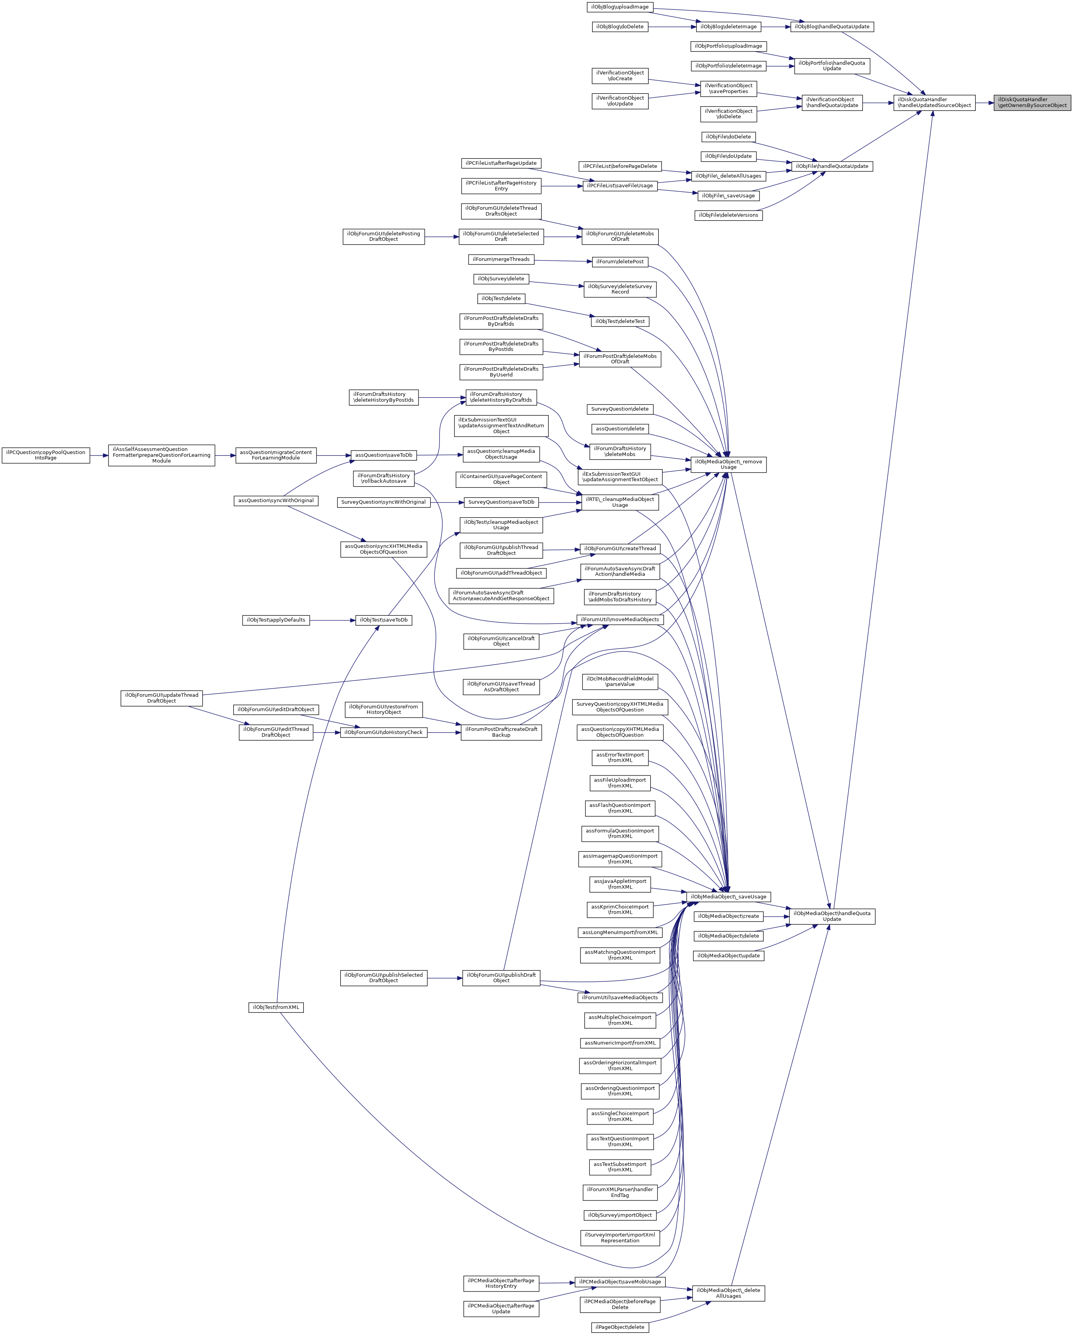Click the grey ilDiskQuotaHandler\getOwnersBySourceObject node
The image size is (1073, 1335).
[x=1032, y=102]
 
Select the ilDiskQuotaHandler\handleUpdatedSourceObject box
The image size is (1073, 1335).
[x=934, y=102]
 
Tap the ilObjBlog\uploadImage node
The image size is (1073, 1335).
[x=619, y=7]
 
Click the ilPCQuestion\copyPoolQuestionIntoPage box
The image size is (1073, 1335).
[x=46, y=455]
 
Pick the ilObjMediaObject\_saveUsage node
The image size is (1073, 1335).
[x=729, y=896]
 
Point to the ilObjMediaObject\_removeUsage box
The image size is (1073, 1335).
[x=729, y=465]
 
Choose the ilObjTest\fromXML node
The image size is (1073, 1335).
[x=276, y=1007]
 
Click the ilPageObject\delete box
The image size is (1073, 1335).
[x=619, y=1327]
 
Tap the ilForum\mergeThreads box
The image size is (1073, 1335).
[x=501, y=259]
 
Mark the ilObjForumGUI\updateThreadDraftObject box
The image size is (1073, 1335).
[x=162, y=698]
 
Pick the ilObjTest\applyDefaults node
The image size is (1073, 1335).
[x=276, y=620]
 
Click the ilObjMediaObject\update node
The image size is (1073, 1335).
[x=729, y=955]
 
